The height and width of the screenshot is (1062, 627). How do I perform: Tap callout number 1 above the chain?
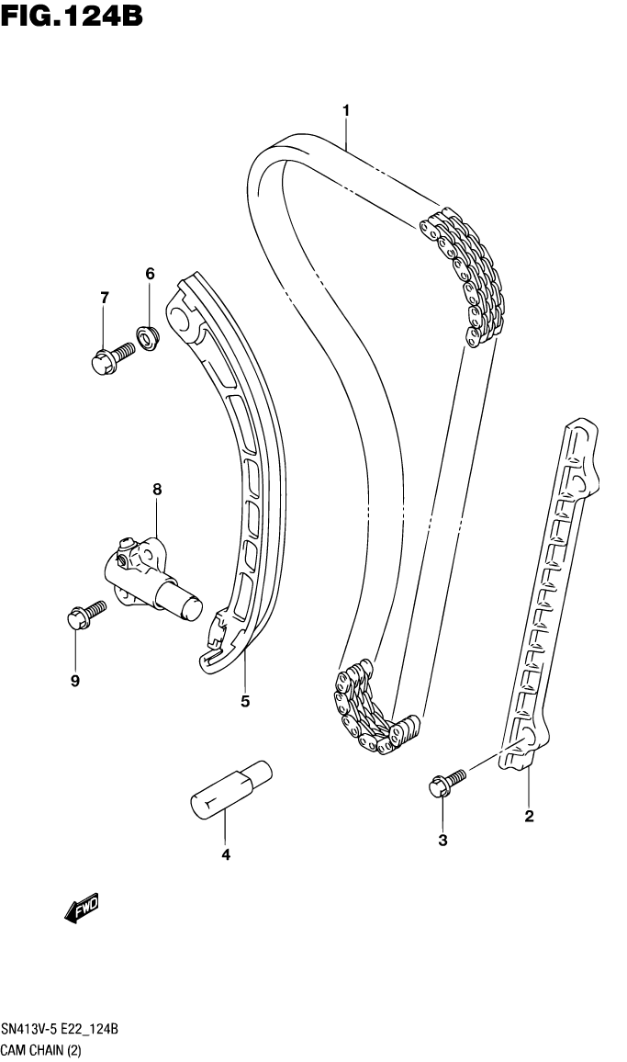(346, 111)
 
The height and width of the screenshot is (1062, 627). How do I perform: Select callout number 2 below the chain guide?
(529, 815)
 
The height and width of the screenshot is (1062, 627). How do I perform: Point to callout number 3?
(442, 841)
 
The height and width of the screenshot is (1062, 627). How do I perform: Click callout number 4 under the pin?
(225, 855)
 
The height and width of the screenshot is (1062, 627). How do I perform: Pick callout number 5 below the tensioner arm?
(245, 702)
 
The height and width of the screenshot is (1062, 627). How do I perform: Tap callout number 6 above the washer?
(150, 274)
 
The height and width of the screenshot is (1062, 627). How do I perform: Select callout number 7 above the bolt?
(104, 297)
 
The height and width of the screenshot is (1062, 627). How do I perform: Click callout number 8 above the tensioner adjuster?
(157, 491)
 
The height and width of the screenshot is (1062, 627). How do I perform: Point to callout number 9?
(75, 681)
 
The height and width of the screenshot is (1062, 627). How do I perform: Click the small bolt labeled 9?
(84, 616)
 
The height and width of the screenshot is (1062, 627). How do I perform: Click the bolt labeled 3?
(446, 784)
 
